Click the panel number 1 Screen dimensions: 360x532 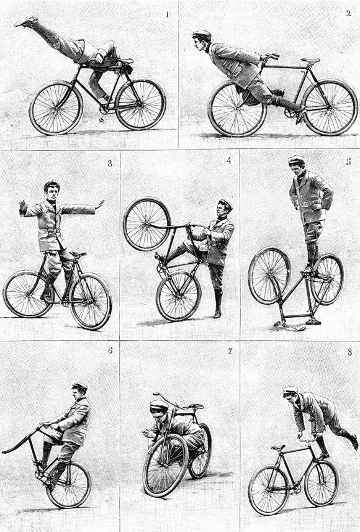[x=167, y=15]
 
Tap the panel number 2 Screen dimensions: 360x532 [x=348, y=13]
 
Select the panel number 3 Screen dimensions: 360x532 [x=110, y=163]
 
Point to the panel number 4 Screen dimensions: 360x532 [x=228, y=160]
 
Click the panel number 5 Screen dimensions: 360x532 [x=348, y=161]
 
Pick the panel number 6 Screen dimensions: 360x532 [x=110, y=351]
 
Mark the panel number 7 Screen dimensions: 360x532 [x=230, y=351]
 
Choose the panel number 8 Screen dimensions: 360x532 [x=350, y=352]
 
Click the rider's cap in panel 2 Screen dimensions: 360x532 [x=202, y=34]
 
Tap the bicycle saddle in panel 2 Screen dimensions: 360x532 [x=310, y=60]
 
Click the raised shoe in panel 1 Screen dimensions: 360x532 [x=26, y=22]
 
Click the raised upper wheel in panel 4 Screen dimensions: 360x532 [x=147, y=224]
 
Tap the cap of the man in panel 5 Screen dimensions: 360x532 [x=297, y=159]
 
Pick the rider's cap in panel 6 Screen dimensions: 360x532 [x=80, y=387]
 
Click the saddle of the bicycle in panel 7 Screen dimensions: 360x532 [x=196, y=406]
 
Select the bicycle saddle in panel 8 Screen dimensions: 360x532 [x=278, y=448]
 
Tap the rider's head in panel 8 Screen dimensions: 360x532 [x=290, y=394]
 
